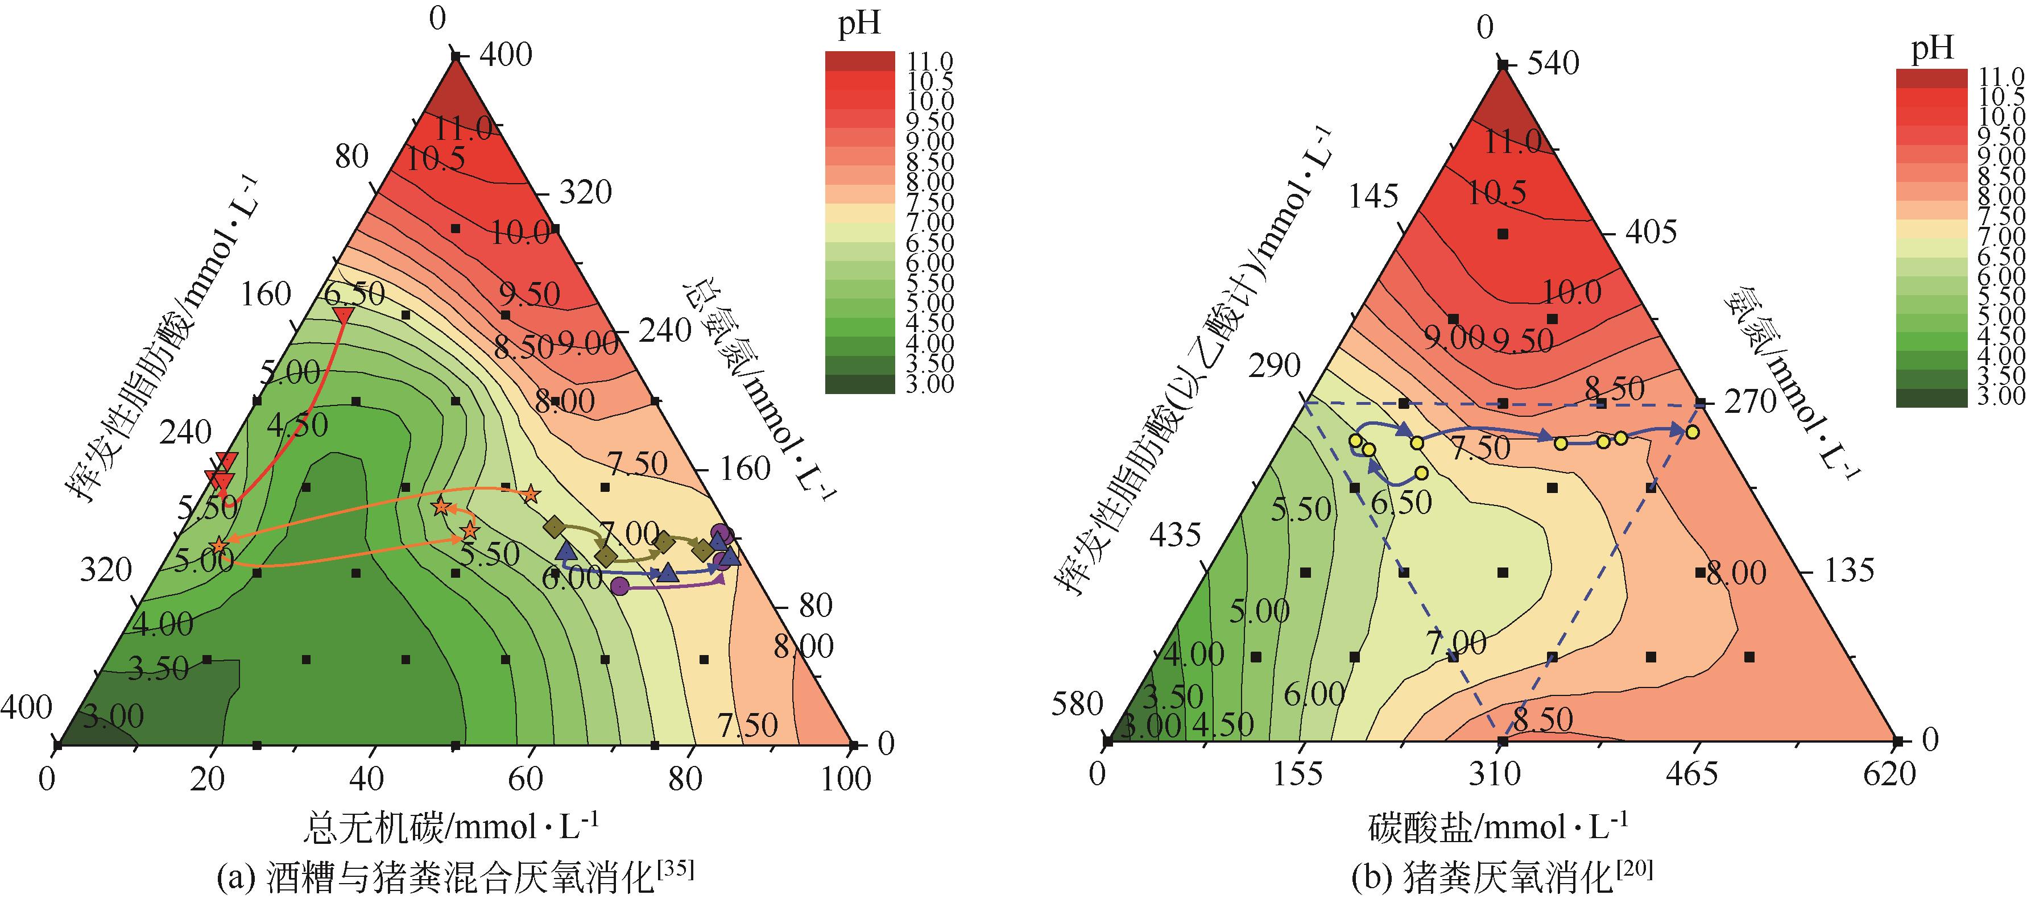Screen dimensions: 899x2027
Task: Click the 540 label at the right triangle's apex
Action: click(x=1553, y=64)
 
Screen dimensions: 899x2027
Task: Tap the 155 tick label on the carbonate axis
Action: click(x=1298, y=774)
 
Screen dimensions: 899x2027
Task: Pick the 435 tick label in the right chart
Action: click(x=1175, y=536)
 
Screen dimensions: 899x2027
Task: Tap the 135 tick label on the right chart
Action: click(x=1849, y=570)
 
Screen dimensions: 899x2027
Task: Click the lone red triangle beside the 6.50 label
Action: click(x=343, y=316)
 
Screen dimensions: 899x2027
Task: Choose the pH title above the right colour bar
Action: click(x=1932, y=49)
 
